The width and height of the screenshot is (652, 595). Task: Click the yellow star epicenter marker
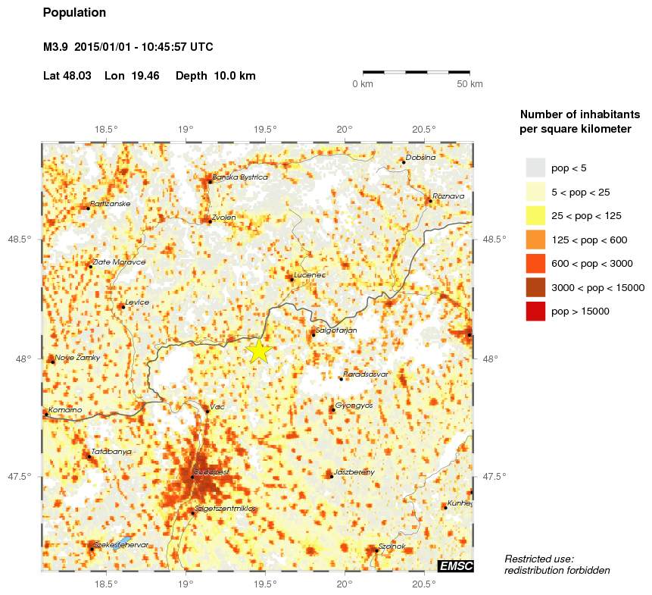click(259, 351)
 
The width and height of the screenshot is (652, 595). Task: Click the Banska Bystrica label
click(240, 177)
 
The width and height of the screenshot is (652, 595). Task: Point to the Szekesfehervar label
click(121, 545)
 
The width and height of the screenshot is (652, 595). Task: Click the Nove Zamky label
click(77, 358)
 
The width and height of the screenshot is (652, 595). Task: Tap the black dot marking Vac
click(207, 412)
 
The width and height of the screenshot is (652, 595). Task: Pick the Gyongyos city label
click(354, 406)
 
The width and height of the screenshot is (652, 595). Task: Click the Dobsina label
click(421, 158)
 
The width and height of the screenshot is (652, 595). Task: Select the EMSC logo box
click(456, 566)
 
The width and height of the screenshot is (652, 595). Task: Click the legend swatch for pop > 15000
click(535, 311)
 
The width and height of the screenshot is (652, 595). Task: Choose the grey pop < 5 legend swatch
click(535, 168)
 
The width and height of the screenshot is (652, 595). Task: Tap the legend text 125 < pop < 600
click(586, 240)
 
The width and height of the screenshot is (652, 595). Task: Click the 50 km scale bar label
click(470, 84)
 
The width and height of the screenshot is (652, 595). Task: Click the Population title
click(75, 13)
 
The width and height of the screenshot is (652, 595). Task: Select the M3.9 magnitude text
click(57, 47)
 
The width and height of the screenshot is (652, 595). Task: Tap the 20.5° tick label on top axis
click(423, 128)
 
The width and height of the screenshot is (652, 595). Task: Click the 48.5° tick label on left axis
click(23, 240)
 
